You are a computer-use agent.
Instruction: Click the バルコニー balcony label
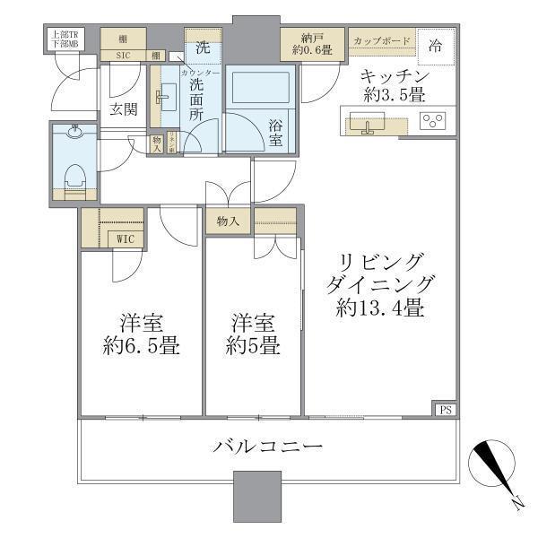[x=267, y=446]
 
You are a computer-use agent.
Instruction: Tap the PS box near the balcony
[x=445, y=410]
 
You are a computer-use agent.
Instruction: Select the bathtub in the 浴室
[x=258, y=91]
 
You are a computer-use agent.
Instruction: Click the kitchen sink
[x=367, y=123]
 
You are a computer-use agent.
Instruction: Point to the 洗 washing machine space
[x=203, y=43]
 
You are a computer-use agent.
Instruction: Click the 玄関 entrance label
[x=123, y=109]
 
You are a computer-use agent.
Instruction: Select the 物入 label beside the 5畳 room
[x=228, y=221]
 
